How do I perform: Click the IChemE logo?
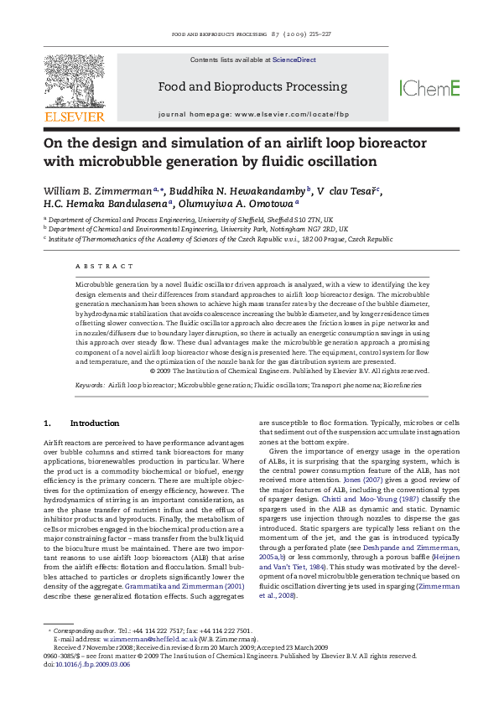(x=430, y=87)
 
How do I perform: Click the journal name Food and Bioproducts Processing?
(x=249, y=87)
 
